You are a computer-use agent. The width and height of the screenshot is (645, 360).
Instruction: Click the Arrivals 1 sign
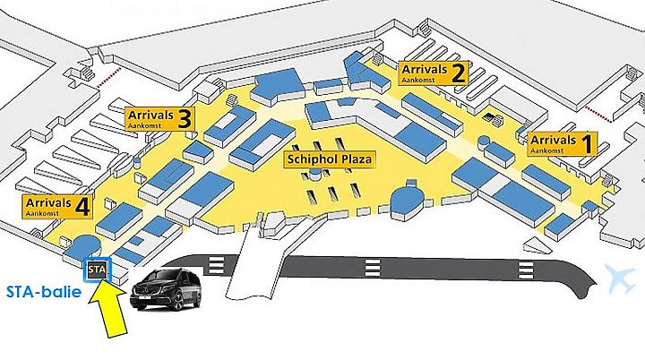[563, 143]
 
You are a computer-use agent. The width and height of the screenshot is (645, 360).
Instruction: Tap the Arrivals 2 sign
[434, 73]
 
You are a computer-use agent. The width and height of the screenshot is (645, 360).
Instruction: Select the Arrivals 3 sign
[159, 119]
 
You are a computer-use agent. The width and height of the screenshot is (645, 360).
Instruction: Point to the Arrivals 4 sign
[57, 207]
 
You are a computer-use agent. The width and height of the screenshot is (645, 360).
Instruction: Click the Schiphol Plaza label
[330, 159]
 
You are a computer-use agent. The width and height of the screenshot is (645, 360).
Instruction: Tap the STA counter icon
[97, 270]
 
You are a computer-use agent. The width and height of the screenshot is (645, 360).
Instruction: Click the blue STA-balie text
[44, 292]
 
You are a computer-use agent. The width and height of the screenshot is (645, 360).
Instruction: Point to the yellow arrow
[108, 310]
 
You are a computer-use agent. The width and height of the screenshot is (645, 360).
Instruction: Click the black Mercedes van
[166, 289]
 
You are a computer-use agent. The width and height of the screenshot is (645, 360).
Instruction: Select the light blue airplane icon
[620, 279]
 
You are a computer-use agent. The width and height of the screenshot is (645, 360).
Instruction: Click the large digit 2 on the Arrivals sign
[459, 73]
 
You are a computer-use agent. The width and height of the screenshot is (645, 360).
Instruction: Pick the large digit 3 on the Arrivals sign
[185, 119]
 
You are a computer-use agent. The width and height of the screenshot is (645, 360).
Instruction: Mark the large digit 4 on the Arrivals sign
[82, 206]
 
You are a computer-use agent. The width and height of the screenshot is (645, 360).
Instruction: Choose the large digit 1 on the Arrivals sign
[588, 143]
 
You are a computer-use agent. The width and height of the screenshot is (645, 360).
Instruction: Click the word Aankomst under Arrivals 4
[42, 214]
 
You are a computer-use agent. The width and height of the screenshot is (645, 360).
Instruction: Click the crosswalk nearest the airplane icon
[525, 270]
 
